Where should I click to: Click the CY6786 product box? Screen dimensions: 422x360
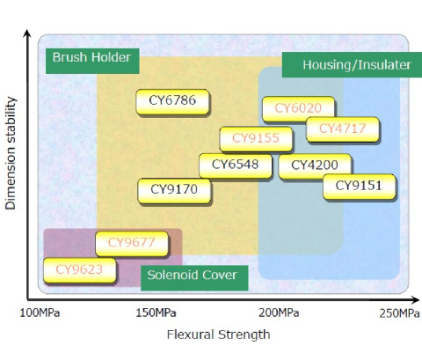[172, 102]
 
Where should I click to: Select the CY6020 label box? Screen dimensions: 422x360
[298, 109]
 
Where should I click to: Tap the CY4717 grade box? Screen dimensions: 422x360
[343, 129]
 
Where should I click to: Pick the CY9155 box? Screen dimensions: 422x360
[256, 139]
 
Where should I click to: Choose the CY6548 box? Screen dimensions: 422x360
[236, 165]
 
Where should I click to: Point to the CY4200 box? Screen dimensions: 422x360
[315, 166]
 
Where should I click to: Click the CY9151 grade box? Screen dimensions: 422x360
[360, 187]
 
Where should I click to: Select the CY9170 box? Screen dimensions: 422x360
[174, 191]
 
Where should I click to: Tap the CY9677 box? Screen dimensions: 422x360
[132, 244]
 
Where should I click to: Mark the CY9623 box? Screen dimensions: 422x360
[80, 270]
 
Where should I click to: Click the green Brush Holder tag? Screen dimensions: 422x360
[92, 61]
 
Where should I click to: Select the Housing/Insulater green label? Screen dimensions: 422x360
[352, 65]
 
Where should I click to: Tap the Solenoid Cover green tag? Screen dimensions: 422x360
[194, 278]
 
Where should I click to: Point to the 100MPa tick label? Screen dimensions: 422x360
[40, 313]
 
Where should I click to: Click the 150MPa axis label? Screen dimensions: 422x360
[156, 313]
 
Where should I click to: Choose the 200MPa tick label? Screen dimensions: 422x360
[279, 313]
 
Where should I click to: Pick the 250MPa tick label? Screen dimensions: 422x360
[400, 313]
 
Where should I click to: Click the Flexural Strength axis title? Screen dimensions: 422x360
[219, 334]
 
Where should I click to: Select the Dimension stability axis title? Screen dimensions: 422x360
[11, 153]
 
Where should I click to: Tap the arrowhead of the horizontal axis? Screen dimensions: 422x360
[416, 300]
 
